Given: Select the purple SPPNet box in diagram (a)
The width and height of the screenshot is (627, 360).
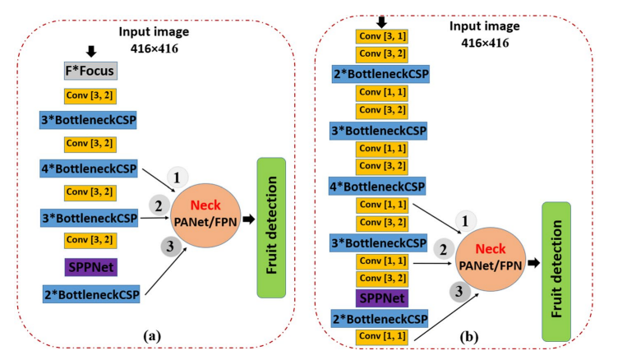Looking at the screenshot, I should tap(88, 266).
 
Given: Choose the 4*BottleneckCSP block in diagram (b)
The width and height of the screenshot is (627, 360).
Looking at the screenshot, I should tap(378, 187).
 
